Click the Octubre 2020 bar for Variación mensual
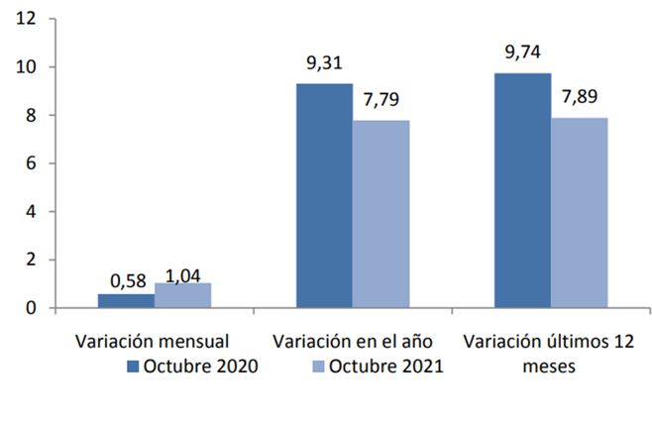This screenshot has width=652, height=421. pyautogui.click(x=127, y=300)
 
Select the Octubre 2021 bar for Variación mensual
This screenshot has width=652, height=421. pyautogui.click(x=183, y=295)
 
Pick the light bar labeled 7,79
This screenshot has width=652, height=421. pyautogui.click(x=381, y=214)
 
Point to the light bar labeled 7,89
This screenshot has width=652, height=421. pyautogui.click(x=580, y=213)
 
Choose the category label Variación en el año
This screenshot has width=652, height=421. pyautogui.click(x=352, y=341)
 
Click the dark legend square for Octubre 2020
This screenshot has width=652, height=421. pyautogui.click(x=133, y=366)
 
